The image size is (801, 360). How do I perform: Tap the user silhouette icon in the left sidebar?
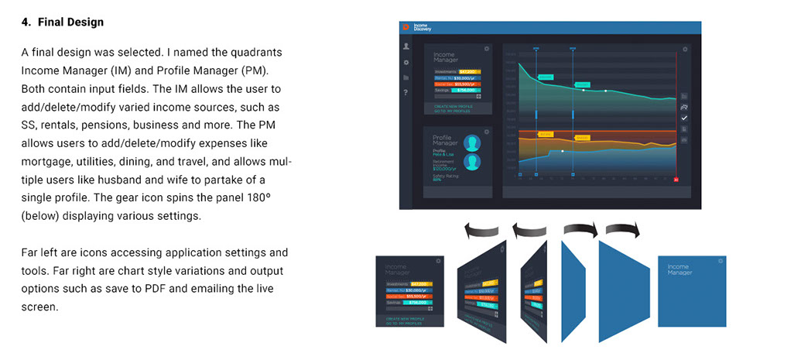(x=406, y=47)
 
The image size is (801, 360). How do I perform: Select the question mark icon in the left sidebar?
(x=406, y=93)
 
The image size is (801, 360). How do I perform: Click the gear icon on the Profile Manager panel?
(x=486, y=132)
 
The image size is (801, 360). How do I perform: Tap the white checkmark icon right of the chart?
(x=684, y=118)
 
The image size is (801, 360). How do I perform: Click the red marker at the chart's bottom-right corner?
(x=676, y=180)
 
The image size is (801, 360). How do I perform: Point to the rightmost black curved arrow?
(x=623, y=230)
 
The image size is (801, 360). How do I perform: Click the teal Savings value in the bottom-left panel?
(x=423, y=303)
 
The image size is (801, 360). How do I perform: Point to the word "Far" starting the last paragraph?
(x=30, y=253)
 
